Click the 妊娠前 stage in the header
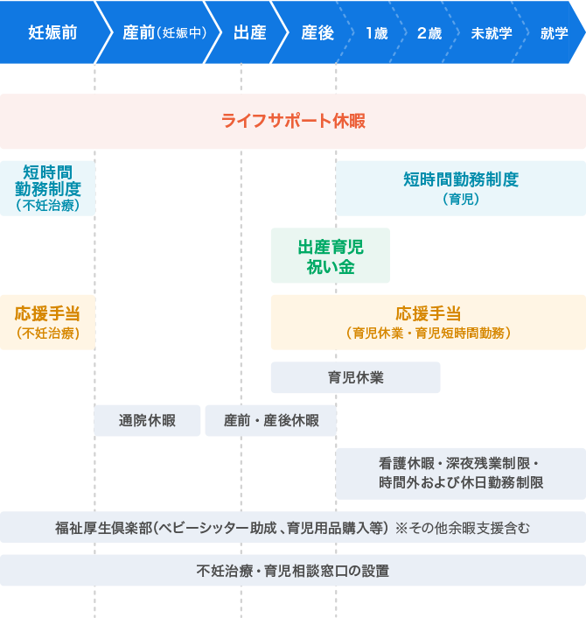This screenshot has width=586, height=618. point(52,33)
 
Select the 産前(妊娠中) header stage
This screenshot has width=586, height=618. point(164,33)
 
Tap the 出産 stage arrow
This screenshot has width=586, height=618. point(250,33)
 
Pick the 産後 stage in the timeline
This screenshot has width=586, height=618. point(317,33)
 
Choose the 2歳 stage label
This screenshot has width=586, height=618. point(429,33)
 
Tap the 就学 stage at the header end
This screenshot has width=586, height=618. point(554,33)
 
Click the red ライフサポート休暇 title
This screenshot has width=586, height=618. point(293,121)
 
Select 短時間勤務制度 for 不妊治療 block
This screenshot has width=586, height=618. point(48,188)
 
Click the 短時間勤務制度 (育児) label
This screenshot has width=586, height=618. point(461,187)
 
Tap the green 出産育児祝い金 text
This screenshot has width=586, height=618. point(331,256)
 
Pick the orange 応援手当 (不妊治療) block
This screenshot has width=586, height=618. point(48,322)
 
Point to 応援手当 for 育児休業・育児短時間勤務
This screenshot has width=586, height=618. point(429,322)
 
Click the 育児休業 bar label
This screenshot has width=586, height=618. point(356,378)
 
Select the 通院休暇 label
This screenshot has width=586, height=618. point(147,420)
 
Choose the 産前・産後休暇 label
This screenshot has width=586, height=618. point(271,420)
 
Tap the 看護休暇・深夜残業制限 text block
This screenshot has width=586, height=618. point(461,473)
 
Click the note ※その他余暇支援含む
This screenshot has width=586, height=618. point(463,528)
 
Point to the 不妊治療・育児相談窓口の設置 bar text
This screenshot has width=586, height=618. point(293,571)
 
